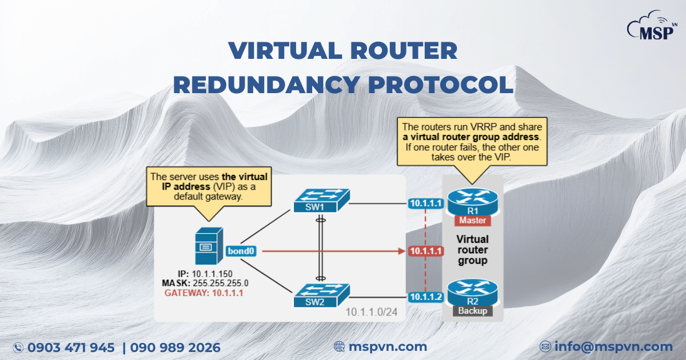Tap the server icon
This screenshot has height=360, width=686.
pyautogui.click(x=205, y=246)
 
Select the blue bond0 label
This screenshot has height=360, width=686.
pyautogui.click(x=240, y=251)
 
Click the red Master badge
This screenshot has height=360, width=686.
pyautogui.click(x=473, y=220)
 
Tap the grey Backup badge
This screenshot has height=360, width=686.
pyautogui.click(x=473, y=311)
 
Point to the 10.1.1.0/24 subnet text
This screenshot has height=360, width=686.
pyautogui.click(x=371, y=312)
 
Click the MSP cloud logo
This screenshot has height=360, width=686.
pyautogui.click(x=652, y=25)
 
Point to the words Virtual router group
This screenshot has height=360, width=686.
pyautogui.click(x=472, y=250)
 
